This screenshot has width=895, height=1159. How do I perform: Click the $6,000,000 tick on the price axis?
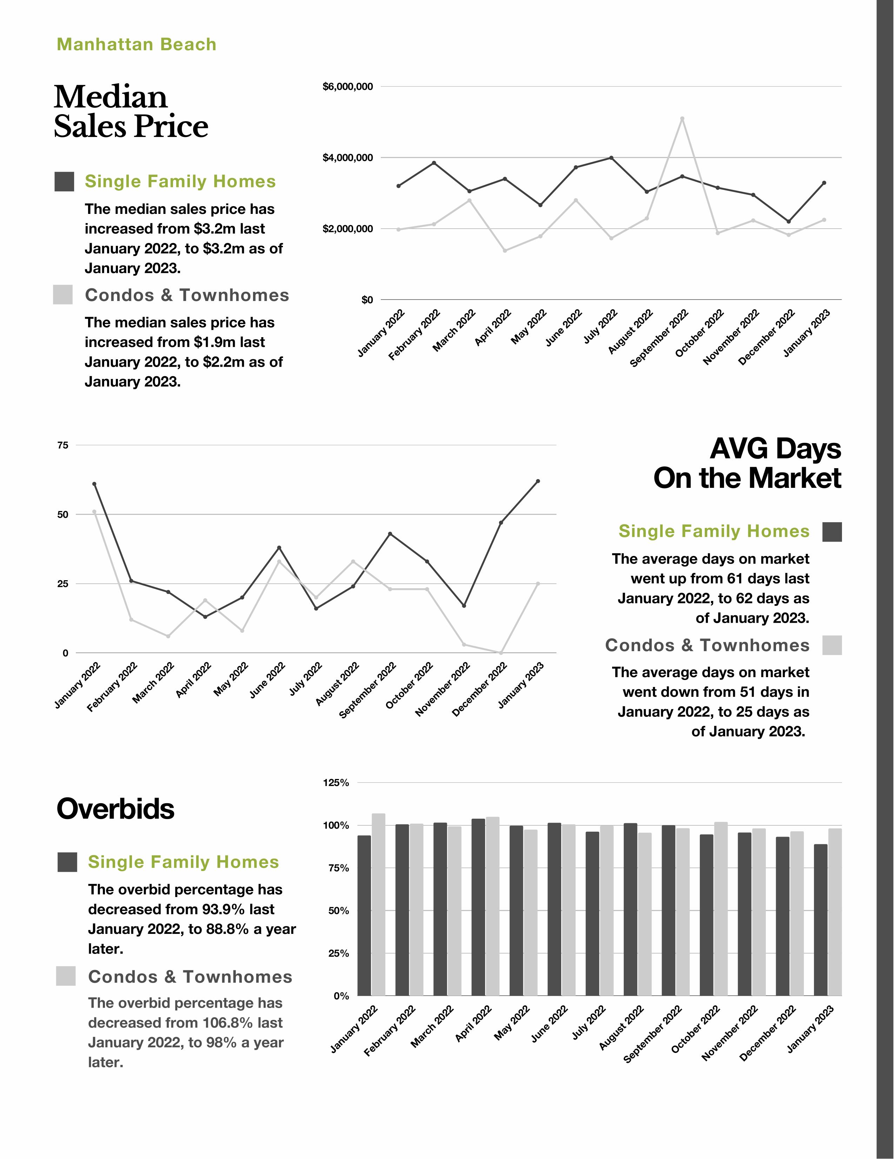pos(347,86)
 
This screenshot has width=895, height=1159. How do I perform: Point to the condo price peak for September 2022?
pos(682,119)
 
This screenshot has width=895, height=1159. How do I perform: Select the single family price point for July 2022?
pos(611,158)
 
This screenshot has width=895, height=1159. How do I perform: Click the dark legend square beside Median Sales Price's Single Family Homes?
pos(64,182)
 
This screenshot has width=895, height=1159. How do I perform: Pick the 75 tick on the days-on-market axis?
pos(62,445)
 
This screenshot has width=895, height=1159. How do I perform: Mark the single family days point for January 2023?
pos(538,481)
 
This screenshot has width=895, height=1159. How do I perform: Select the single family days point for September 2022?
pos(390,533)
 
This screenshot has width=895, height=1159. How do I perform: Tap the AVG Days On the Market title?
pos(747,463)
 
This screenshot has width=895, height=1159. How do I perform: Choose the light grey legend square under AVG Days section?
pos(832,645)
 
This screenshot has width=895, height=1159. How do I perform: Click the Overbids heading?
pos(115,809)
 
